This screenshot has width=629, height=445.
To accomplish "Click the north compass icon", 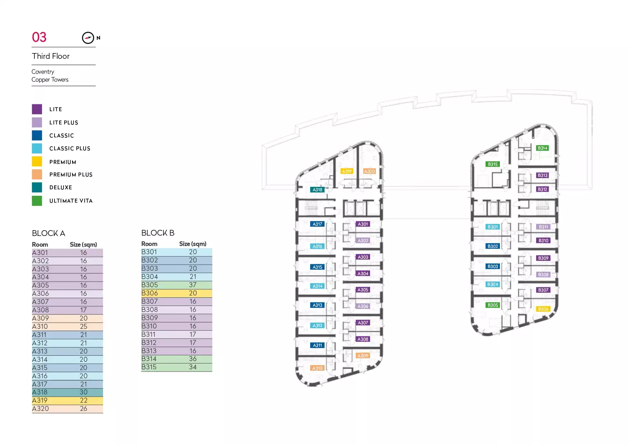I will pyautogui.click(x=88, y=38).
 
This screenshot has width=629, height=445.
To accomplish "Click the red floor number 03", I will pyautogui.click(x=39, y=37).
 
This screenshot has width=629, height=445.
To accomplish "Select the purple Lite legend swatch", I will pyautogui.click(x=37, y=109).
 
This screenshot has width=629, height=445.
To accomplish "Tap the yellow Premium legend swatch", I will pyautogui.click(x=37, y=161).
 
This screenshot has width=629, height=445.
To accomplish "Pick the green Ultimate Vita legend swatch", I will pyautogui.click(x=37, y=201).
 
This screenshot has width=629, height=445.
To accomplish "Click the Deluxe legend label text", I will pyautogui.click(x=61, y=188).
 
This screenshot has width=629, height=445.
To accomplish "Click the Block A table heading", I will pyautogui.click(x=48, y=233).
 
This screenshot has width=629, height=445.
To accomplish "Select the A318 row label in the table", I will pyautogui.click(x=40, y=392).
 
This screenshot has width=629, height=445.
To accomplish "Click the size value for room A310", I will pyautogui.click(x=84, y=327).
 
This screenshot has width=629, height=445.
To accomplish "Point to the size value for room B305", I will pyautogui.click(x=193, y=285).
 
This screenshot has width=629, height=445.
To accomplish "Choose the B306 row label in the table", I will pyautogui.click(x=150, y=293).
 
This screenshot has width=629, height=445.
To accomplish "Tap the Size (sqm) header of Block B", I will pyautogui.click(x=193, y=244).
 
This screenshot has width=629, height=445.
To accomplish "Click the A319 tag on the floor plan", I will pyautogui.click(x=347, y=171).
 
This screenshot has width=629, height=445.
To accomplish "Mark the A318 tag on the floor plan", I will pyautogui.click(x=317, y=190).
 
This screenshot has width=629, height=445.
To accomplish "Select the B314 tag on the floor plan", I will pyautogui.click(x=542, y=148).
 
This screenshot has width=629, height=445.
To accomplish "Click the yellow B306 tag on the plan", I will pyautogui.click(x=543, y=309).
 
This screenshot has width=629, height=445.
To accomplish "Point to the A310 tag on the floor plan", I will pyautogui.click(x=317, y=368).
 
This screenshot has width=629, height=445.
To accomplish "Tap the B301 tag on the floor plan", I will pyautogui.click(x=493, y=227).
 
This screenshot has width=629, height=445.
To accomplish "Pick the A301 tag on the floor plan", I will pyautogui.click(x=363, y=224).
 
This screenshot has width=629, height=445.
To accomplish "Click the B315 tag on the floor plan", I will pyautogui.click(x=493, y=164).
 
